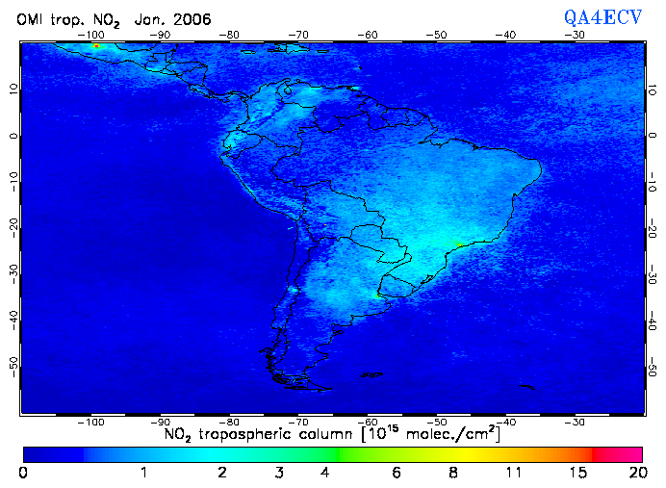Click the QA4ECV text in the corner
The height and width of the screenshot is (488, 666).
(x=602, y=16)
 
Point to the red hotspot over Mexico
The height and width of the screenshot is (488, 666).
(x=95, y=45)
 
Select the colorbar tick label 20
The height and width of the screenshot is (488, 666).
(x=636, y=473)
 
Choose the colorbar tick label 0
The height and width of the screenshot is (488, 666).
(x=23, y=473)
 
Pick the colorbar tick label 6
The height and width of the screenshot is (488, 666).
(x=397, y=473)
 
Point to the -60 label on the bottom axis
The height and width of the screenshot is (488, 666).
(x=368, y=422)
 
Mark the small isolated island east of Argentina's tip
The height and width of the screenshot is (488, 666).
(x=525, y=387)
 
